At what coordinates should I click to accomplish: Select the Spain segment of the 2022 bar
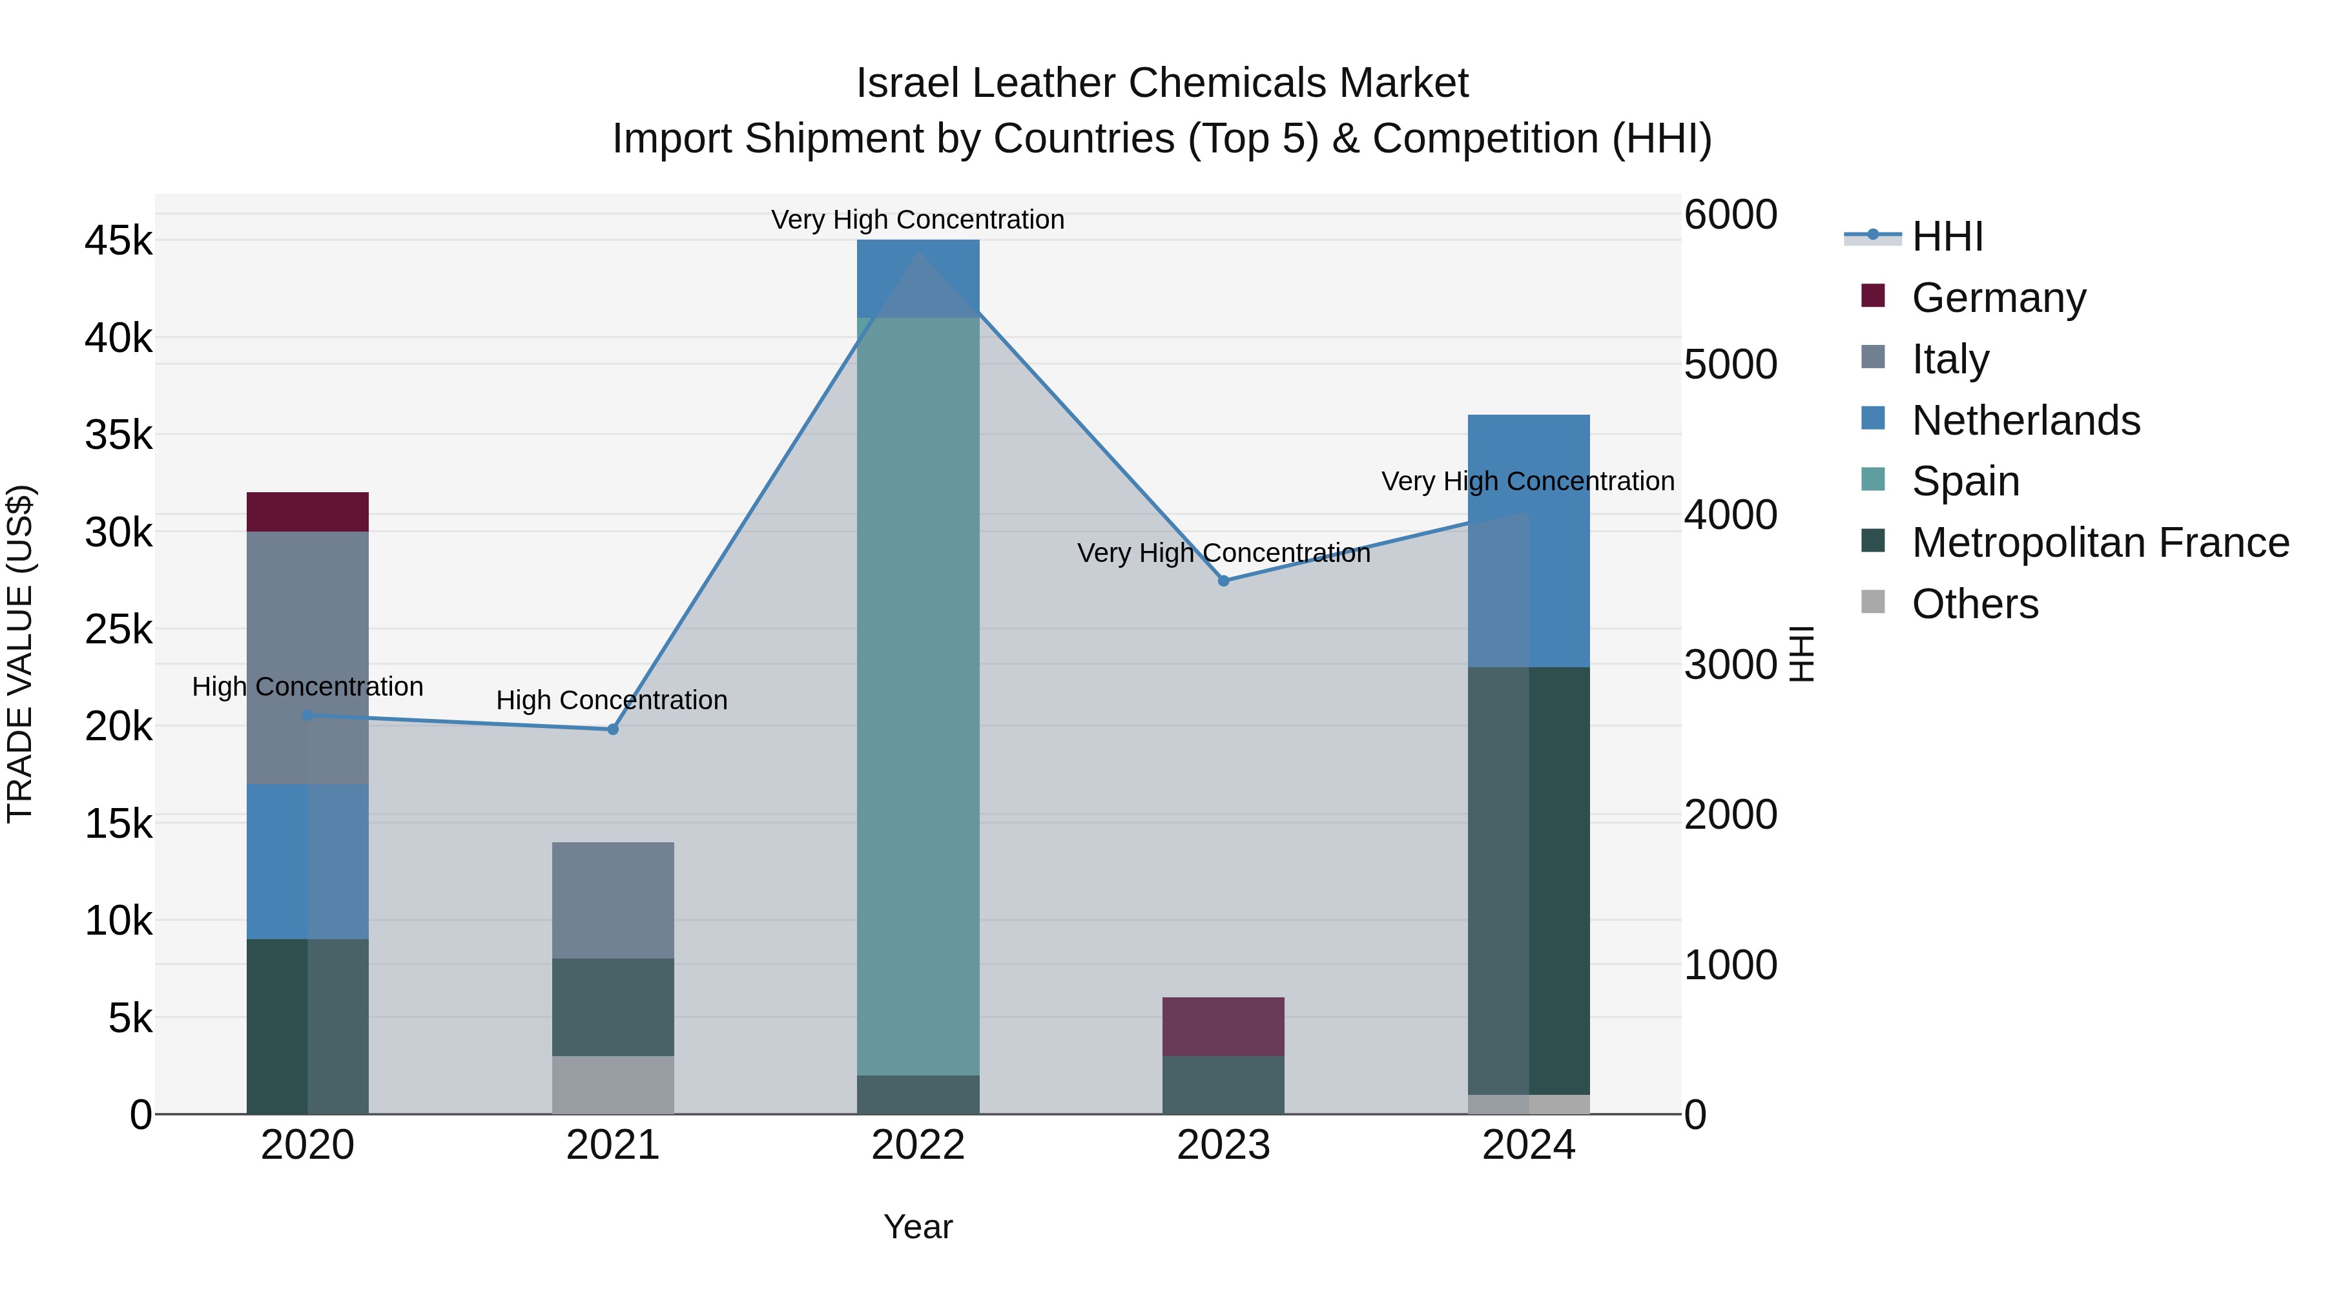point(918,695)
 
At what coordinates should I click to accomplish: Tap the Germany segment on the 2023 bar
point(1223,1026)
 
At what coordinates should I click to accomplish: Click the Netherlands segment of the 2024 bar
point(1528,542)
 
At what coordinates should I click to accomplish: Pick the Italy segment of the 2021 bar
point(613,900)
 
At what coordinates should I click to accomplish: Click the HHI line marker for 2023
point(1223,581)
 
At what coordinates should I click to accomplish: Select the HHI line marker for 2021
point(613,729)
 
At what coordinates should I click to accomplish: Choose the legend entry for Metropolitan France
point(2100,543)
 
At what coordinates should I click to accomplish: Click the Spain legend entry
point(1965,481)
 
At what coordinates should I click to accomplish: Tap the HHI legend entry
point(1947,236)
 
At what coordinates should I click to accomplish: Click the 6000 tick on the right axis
point(1730,215)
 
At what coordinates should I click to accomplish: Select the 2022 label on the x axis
point(918,1145)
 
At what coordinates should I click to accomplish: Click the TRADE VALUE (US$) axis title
point(20,654)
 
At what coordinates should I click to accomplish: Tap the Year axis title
point(918,1227)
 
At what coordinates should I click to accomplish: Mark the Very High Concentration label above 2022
point(917,220)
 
